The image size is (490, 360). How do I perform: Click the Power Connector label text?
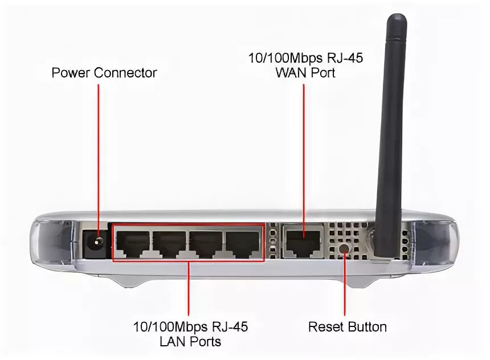coord(104,73)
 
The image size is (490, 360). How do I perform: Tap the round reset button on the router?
coord(344,248)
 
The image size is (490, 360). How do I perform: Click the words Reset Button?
coord(348,327)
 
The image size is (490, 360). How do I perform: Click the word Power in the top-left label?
coord(71,73)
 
